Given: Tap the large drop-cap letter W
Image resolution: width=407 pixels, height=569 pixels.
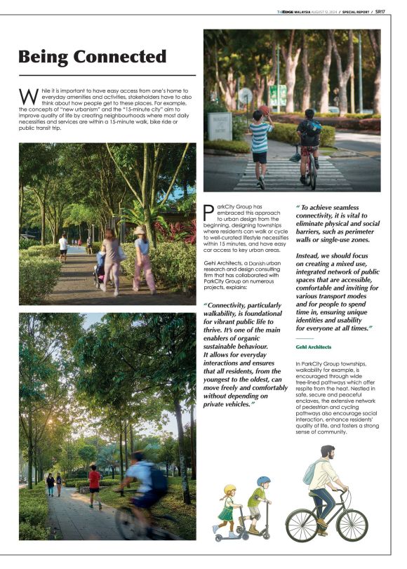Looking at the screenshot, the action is [28, 95].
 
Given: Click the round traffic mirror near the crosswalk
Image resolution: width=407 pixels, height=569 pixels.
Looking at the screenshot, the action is [245, 95].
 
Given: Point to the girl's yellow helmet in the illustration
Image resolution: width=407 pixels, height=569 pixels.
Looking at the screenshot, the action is [229, 489].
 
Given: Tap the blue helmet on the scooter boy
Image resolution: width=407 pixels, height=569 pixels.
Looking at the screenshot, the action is [263, 481].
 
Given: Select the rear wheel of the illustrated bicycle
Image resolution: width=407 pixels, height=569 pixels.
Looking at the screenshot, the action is [302, 525].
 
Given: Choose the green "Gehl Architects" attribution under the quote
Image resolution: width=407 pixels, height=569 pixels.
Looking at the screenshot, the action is [313, 347].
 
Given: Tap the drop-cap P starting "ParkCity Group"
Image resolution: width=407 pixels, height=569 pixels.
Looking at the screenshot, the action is [208, 211].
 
